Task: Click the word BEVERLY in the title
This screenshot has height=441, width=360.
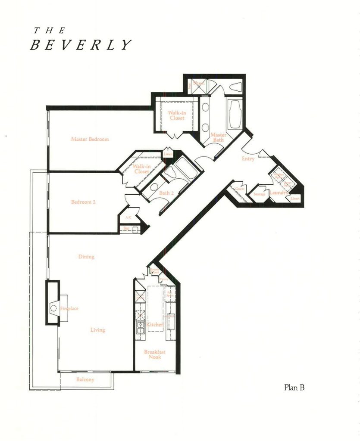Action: pyautogui.click(x=80, y=45)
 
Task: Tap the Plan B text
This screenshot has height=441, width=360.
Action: pyautogui.click(x=294, y=388)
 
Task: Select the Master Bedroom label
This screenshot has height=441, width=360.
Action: pyautogui.click(x=90, y=139)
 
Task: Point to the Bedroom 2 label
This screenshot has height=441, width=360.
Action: pyautogui.click(x=83, y=202)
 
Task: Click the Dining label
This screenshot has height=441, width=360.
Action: pyautogui.click(x=86, y=257)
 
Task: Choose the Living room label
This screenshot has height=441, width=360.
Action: pyautogui.click(x=98, y=330)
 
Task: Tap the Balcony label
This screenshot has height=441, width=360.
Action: pyautogui.click(x=85, y=379)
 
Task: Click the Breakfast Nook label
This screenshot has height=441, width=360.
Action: pyautogui.click(x=155, y=354)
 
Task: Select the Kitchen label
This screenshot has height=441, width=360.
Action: pyautogui.click(x=155, y=324)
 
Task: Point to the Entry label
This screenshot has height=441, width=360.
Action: pyautogui.click(x=248, y=158)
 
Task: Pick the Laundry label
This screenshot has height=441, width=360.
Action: pyautogui.click(x=278, y=193)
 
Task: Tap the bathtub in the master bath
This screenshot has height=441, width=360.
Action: pyautogui.click(x=235, y=114)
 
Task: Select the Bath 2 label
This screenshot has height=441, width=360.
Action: pyautogui.click(x=166, y=193)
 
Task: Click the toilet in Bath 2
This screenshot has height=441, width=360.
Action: pyautogui.click(x=169, y=173)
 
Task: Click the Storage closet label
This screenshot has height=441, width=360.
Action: pyautogui.click(x=260, y=194)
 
